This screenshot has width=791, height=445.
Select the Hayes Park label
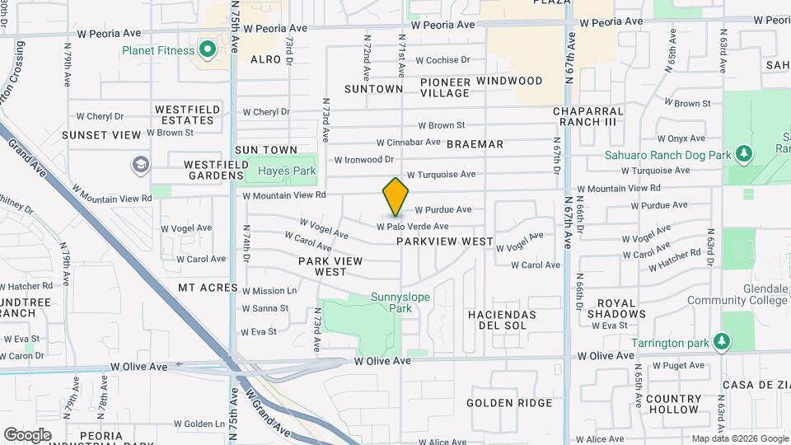tap(275, 171)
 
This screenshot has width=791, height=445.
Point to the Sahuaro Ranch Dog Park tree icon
tap(743, 154)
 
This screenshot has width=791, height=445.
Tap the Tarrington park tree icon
tap(722, 341)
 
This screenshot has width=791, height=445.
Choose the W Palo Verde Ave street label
tap(413, 226)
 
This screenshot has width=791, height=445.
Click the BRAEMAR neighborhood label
tap(475, 144)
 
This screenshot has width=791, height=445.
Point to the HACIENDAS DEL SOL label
tap(502, 321)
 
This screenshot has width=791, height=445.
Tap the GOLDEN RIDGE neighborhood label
tap(508, 403)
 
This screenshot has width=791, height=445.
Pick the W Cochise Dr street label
tap(442, 60)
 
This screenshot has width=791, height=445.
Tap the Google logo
tap(28, 434)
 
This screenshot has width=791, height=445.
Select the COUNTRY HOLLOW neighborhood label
tap(673, 404)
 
